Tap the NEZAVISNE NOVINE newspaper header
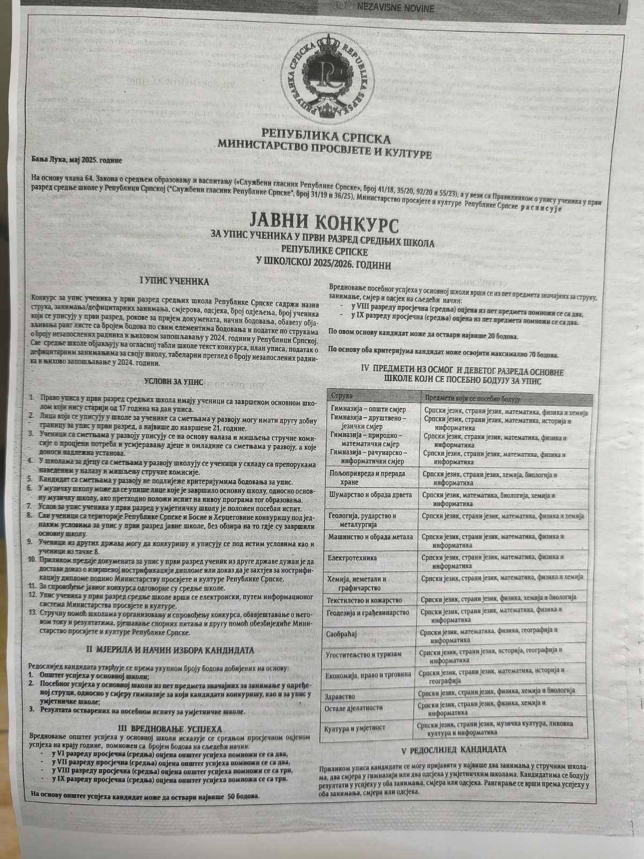click(x=396, y=8)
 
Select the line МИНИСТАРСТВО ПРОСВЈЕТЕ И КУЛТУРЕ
click(x=324, y=144)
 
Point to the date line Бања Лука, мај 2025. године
click(x=77, y=160)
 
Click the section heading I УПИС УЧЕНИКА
click(x=174, y=281)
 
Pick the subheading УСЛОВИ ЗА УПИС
click(x=173, y=382)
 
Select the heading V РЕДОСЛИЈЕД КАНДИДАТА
click(x=454, y=749)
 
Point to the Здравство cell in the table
click(x=340, y=696)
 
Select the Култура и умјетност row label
click(x=355, y=728)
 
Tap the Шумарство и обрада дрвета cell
click(x=369, y=494)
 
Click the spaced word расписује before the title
click(x=541, y=208)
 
